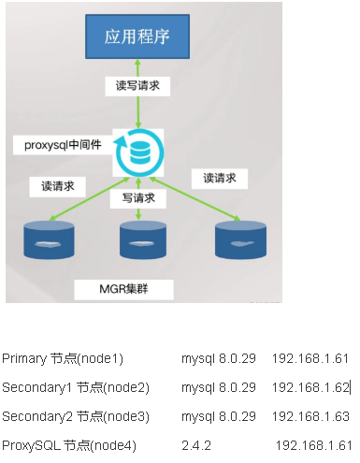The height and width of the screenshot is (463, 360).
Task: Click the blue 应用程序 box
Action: click(139, 40)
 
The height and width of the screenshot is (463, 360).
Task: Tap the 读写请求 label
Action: click(138, 85)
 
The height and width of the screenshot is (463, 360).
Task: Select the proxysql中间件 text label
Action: click(62, 146)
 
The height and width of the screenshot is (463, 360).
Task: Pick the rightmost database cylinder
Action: click(235, 240)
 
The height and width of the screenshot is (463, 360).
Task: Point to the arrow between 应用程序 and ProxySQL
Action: click(139, 103)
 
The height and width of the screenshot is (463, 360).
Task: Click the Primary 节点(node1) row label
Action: click(63, 358)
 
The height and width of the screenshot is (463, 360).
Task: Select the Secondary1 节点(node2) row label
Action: click(76, 387)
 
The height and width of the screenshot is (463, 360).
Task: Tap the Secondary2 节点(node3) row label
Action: click(76, 415)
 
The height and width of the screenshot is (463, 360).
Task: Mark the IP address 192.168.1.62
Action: click(310, 387)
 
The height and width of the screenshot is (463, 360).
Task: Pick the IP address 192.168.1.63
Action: click(310, 415)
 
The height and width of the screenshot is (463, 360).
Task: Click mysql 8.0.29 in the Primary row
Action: click(219, 358)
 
